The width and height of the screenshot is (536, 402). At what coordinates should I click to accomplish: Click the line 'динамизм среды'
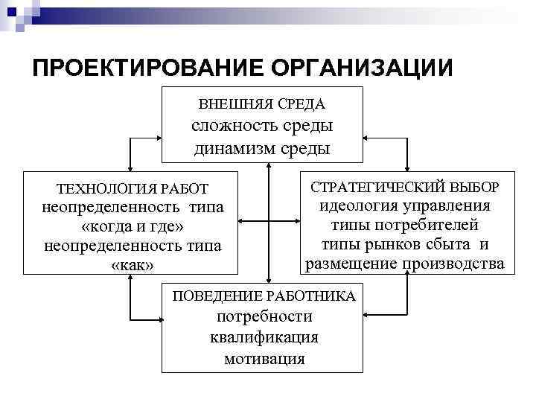click(262, 147)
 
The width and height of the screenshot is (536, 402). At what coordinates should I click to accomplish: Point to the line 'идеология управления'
click(405, 205)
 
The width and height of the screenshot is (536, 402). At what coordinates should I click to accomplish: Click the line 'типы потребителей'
click(405, 225)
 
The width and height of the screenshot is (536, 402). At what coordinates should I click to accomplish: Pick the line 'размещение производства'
click(405, 264)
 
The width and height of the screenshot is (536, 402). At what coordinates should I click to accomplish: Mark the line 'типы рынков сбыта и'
click(405, 244)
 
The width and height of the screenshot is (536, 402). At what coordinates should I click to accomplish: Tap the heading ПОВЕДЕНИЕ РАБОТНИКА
click(264, 296)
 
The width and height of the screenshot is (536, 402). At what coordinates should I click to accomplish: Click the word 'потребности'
click(264, 317)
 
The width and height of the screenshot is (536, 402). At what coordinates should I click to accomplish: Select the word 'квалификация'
click(264, 337)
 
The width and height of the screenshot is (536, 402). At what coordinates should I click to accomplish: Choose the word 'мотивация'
click(264, 358)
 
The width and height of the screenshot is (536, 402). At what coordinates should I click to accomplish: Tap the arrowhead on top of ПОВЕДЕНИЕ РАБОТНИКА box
click(264, 278)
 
